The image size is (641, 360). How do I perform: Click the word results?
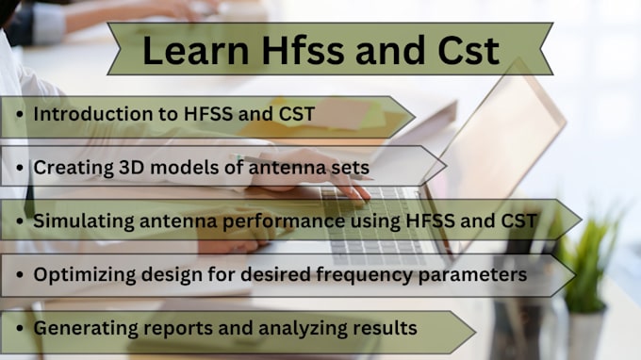(x=382, y=328)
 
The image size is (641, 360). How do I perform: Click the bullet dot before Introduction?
(x=20, y=114)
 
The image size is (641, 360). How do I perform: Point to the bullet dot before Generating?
(x=20, y=329)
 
